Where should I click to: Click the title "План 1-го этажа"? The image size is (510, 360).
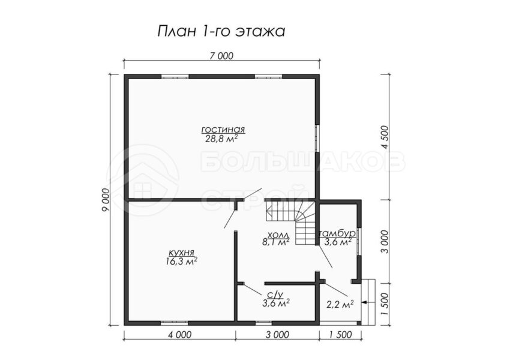point(221,32)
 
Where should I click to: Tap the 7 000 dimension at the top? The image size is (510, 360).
point(221,56)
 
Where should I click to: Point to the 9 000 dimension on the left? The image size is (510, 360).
point(106,200)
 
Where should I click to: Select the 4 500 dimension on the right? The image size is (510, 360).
point(385,137)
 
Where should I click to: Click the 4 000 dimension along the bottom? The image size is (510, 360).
point(179,334)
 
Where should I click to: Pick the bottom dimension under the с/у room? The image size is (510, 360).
point(277,334)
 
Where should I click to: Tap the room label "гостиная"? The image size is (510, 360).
point(223,130)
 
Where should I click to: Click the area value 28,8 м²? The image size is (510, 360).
point(221,139)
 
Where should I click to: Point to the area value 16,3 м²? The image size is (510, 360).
point(181,262)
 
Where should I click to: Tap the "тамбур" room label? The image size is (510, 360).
point(338,234)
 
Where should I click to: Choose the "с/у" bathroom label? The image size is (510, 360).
point(275,295)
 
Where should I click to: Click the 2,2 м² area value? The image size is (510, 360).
point(340,304)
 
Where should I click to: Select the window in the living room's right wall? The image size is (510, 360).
point(317,137)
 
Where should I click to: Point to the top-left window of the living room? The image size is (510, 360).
point(175,77)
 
